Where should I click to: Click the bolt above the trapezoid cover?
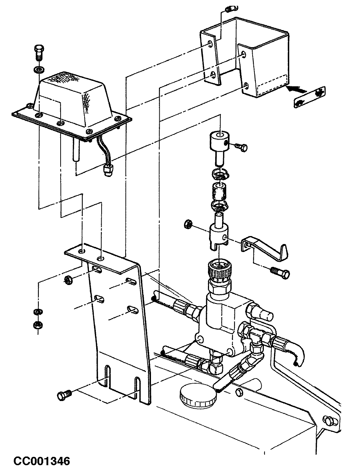click(38, 53)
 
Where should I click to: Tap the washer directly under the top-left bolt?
click(38, 70)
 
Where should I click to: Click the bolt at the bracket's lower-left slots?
click(64, 394)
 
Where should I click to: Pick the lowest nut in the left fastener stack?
click(38, 325)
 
